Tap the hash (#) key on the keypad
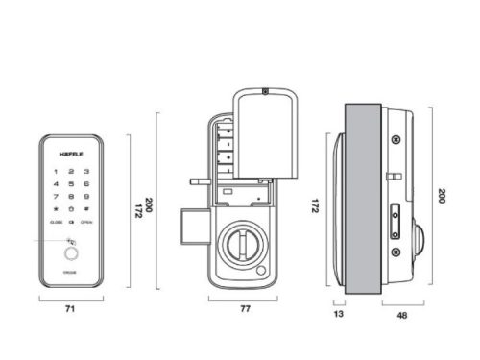click(87, 208)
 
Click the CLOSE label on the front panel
click(56, 223)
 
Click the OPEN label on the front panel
click(86, 223)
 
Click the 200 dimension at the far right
click(443, 196)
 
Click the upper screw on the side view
click(394, 140)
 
